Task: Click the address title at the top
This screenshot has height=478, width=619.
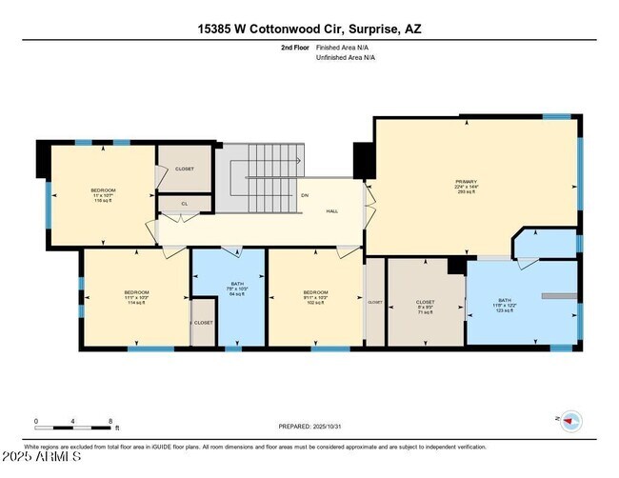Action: (309, 29)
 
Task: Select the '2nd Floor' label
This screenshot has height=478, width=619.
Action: (295, 47)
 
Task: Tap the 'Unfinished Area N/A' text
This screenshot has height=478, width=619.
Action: (346, 57)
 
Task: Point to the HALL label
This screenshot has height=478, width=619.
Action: (332, 211)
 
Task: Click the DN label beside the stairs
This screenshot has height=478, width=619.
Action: (305, 195)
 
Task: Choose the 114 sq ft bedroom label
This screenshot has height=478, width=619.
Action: (136, 297)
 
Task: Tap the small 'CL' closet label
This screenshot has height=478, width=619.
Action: (185, 202)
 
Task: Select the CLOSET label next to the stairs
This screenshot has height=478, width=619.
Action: (185, 169)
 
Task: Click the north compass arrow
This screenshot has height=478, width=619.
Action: (569, 419)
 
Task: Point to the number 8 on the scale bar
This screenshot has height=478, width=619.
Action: (110, 421)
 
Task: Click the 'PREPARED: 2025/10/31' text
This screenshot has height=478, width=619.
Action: (309, 427)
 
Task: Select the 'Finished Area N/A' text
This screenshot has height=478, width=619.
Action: (344, 47)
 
